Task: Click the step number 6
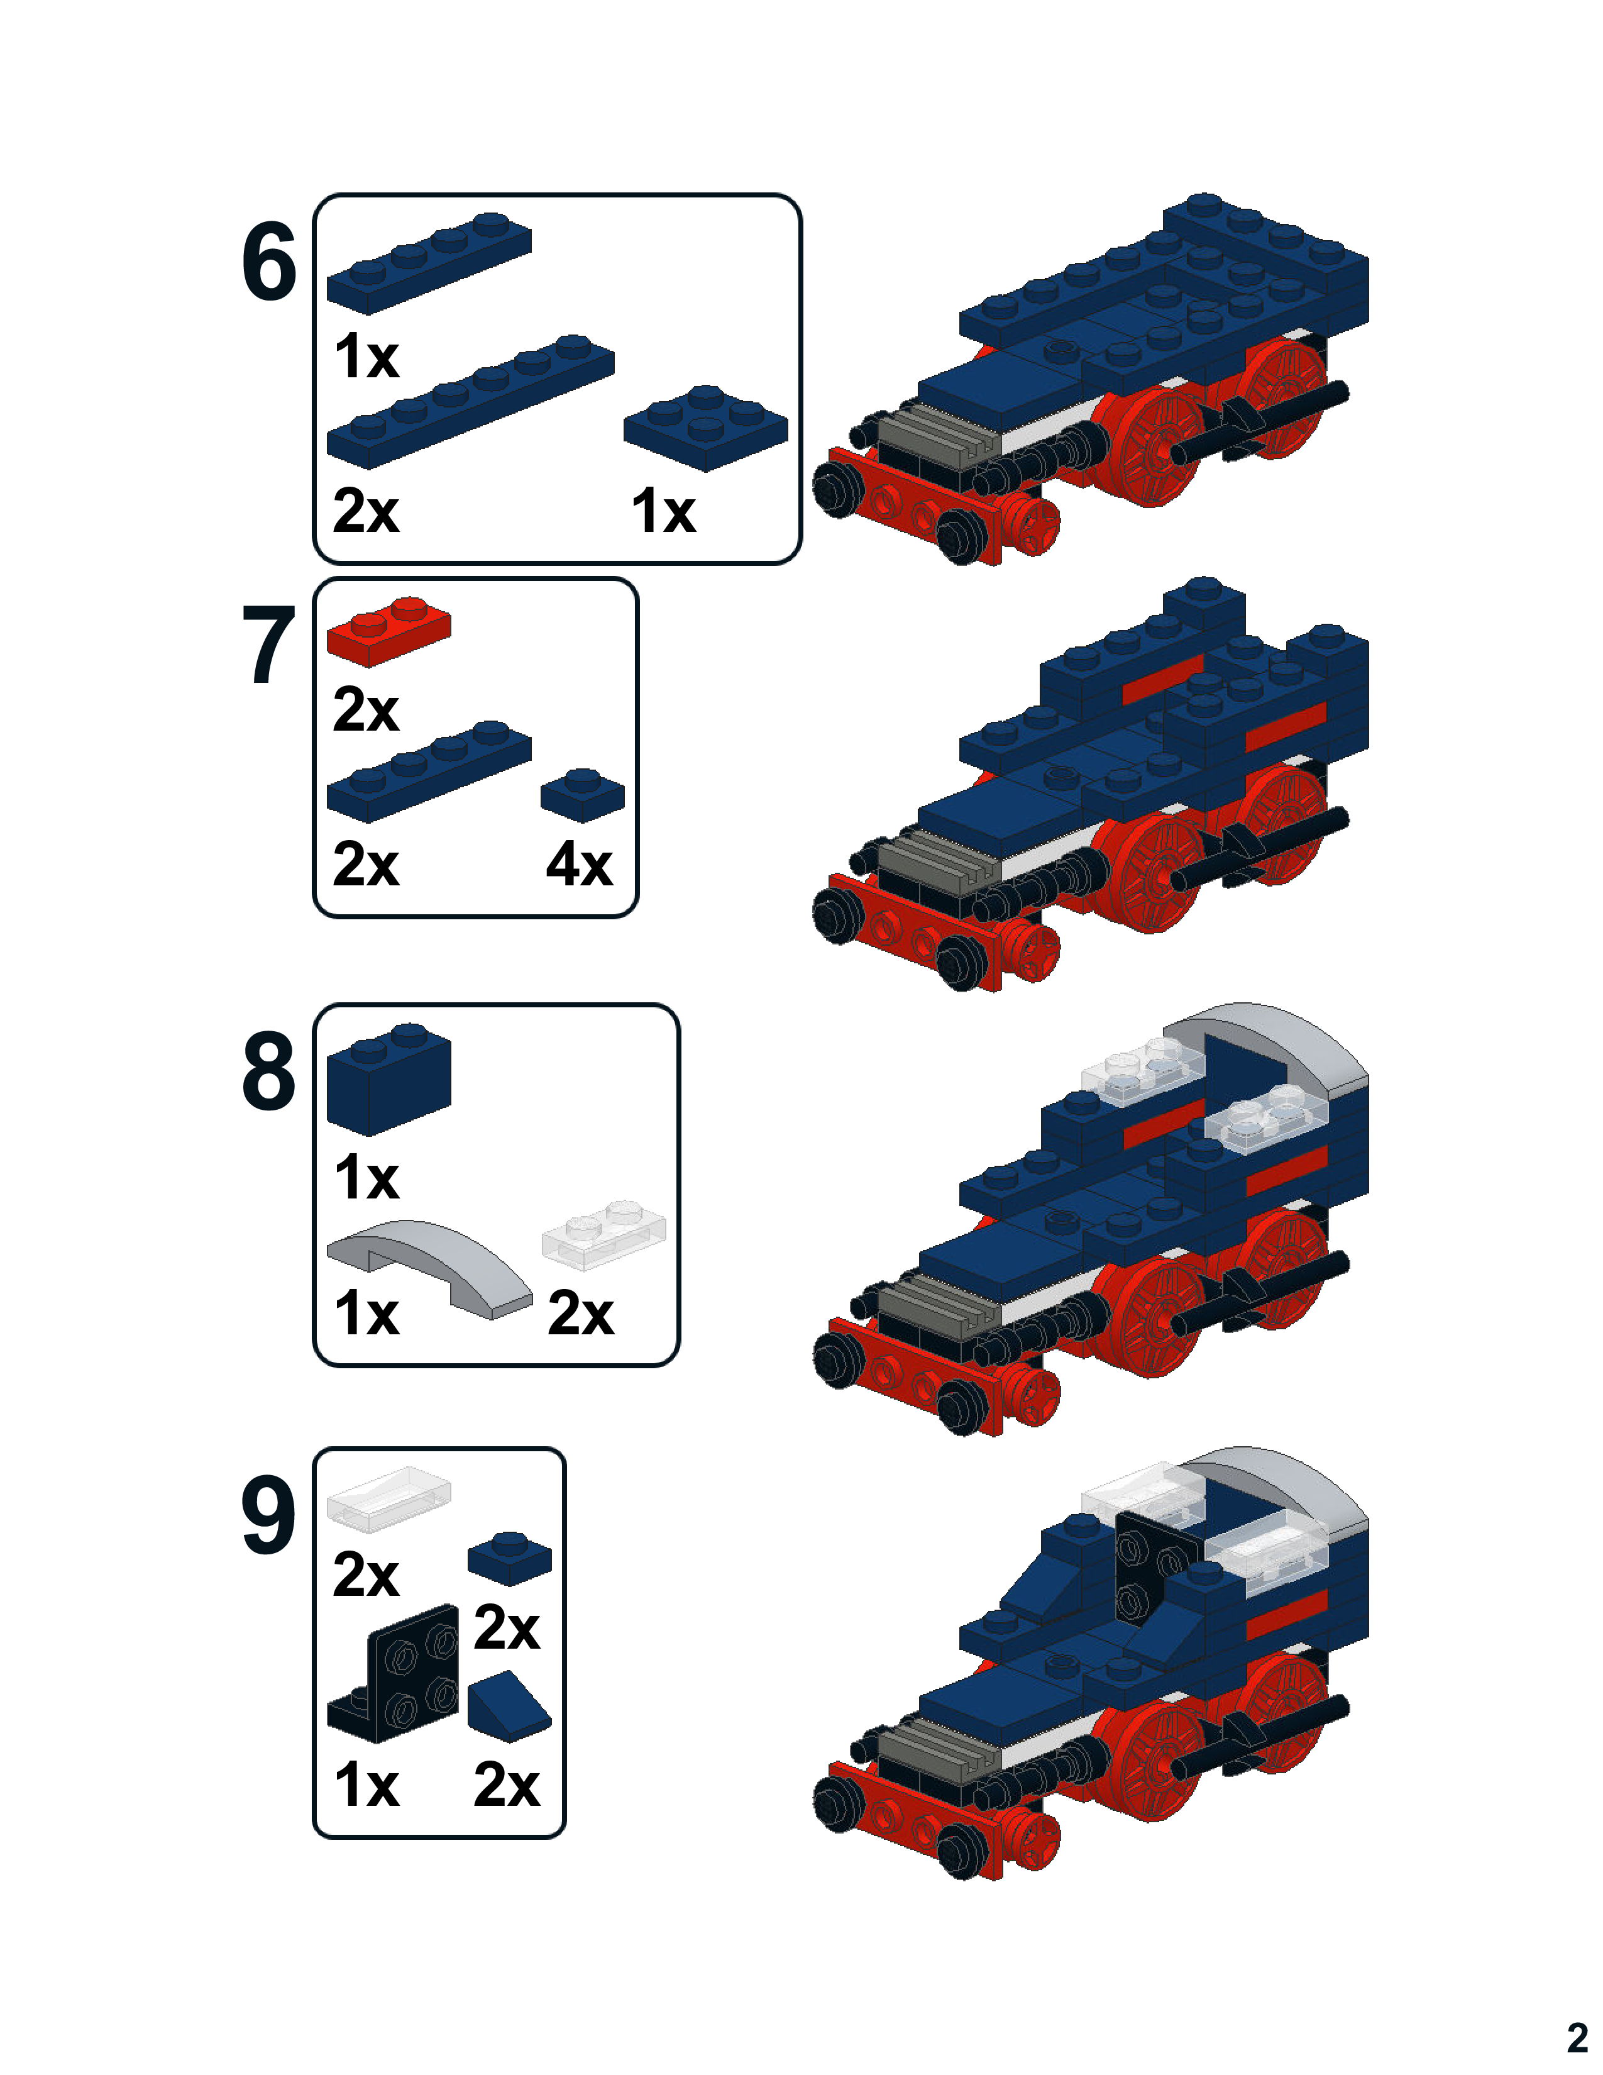269,262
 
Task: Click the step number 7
269,645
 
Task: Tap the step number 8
269,1071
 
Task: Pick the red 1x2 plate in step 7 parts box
388,630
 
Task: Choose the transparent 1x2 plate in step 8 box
604,1234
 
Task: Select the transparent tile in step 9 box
388,1498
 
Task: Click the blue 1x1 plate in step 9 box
509,1558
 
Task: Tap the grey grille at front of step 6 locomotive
935,433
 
